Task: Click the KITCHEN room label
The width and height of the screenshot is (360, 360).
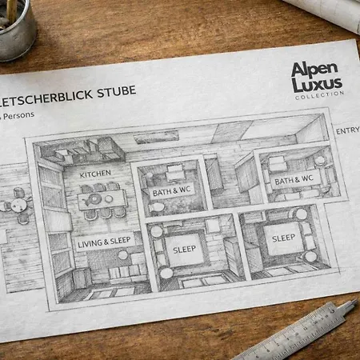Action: [95, 174]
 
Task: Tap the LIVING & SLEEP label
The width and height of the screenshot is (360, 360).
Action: [104, 242]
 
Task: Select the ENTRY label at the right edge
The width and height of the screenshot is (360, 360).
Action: [348, 130]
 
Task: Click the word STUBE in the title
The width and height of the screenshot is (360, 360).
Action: [117, 91]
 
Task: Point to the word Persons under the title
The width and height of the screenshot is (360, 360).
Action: [18, 115]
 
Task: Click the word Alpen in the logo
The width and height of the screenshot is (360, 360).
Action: [314, 70]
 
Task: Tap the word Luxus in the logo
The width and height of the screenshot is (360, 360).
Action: [317, 85]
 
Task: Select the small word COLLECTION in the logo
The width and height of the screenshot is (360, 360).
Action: [319, 95]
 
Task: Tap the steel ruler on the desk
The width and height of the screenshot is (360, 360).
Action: [296, 332]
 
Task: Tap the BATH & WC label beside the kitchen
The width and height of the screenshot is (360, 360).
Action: [172, 191]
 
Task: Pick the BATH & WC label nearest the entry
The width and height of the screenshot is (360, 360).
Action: [294, 180]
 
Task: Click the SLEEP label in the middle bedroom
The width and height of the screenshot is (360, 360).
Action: [184, 250]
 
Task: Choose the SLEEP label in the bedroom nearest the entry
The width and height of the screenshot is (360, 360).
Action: [283, 238]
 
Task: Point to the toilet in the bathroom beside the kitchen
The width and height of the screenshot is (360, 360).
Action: [156, 207]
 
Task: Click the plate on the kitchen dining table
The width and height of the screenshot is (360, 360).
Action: [109, 198]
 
